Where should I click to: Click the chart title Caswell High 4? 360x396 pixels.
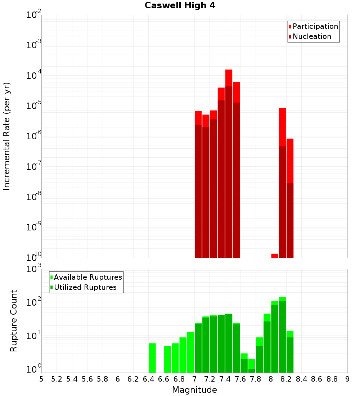click(180, 6)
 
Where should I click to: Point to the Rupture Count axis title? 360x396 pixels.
click(14, 321)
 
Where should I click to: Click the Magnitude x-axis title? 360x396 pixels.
click(194, 390)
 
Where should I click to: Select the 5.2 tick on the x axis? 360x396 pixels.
click(57, 379)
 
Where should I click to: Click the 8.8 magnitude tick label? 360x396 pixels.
click(332, 379)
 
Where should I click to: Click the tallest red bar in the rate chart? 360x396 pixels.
click(229, 162)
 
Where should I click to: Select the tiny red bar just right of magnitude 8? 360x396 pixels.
click(275, 256)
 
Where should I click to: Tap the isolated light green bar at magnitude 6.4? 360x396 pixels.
click(152, 358)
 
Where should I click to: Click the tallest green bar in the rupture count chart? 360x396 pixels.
click(282, 335)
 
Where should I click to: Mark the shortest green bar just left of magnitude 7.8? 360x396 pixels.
click(252, 365)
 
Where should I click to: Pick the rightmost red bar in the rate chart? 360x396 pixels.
click(290, 198)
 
